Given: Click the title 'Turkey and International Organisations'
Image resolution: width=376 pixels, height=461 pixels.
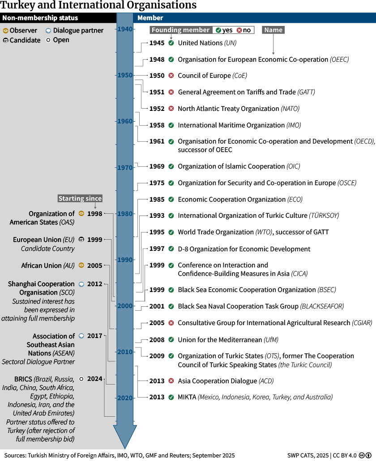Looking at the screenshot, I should (x=98, y=5).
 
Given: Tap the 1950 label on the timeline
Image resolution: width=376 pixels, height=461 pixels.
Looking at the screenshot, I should (x=125, y=75).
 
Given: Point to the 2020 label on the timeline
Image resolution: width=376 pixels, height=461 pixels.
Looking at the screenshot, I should (x=125, y=398).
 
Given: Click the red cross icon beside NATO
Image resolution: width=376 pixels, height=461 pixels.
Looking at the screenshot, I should (x=171, y=109).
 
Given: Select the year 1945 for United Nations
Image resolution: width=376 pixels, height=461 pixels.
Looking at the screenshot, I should (x=157, y=43).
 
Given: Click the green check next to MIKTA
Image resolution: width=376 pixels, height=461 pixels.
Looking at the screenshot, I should (x=171, y=397).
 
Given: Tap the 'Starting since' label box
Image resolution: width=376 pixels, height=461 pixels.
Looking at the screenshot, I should (x=80, y=199).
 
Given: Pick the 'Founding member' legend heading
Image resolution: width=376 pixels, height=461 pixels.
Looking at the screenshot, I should (x=181, y=30).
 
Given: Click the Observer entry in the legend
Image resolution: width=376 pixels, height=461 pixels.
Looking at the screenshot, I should (x=20, y=30).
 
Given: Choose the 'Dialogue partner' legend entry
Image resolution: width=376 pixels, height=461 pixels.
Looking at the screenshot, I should (x=75, y=30).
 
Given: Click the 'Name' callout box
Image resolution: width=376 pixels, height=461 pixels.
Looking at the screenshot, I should (x=273, y=30).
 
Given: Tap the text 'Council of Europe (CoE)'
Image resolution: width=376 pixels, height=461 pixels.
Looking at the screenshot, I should (x=213, y=76).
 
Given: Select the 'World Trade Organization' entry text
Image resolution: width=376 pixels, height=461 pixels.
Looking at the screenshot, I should (x=216, y=232).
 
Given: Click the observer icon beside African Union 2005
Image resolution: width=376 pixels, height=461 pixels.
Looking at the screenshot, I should (x=81, y=265).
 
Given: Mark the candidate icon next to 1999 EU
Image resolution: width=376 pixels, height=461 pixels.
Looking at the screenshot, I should (x=81, y=240).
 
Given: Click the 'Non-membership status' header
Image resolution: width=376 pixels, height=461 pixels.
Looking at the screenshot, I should (x=40, y=18).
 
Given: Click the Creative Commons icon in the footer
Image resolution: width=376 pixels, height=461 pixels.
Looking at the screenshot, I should (x=362, y=455).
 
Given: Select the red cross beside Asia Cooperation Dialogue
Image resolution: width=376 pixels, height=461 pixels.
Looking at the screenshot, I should (x=171, y=381).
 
